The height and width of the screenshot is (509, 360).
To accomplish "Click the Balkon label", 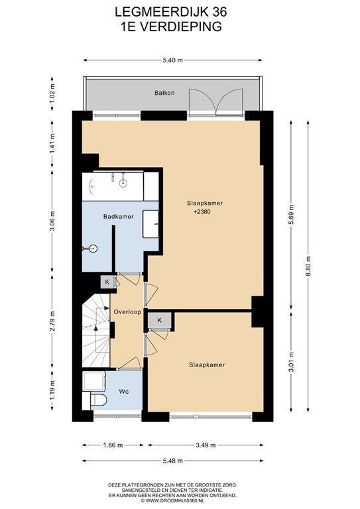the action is [x=164, y=93].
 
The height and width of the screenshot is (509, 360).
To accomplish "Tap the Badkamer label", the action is [x=119, y=217].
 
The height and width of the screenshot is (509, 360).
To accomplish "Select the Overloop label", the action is [x=127, y=312].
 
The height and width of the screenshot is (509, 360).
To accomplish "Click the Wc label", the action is [x=124, y=392].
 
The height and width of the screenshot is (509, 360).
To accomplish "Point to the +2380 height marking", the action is [x=202, y=212].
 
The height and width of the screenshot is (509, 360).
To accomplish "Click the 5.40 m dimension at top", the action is [x=172, y=60].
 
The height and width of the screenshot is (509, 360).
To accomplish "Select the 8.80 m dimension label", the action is [x=308, y=266].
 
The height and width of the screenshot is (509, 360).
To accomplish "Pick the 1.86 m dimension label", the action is [x=113, y=445].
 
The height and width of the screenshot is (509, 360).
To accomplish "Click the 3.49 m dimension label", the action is [x=206, y=445].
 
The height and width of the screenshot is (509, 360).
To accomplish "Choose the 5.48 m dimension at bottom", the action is [x=172, y=461].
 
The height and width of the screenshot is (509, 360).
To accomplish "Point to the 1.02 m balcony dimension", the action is [x=52, y=93].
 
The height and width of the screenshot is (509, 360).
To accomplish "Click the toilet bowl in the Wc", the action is [x=99, y=400].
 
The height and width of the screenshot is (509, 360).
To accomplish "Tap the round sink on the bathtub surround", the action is [x=123, y=183].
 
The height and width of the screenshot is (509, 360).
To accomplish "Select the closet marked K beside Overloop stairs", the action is [x=107, y=282].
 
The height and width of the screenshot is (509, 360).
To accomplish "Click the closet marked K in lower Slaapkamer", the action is [x=159, y=320].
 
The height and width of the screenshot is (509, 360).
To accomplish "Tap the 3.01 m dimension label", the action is [x=291, y=363].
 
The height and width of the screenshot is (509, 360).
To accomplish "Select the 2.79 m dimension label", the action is [x=52, y=321].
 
